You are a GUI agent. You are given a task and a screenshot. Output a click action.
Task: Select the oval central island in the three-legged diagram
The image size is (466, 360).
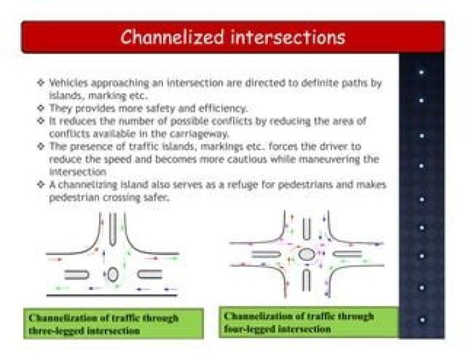pyautogui.click(x=113, y=274)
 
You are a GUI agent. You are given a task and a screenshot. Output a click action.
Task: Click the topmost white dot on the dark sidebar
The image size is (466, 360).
pyautogui.click(x=422, y=73)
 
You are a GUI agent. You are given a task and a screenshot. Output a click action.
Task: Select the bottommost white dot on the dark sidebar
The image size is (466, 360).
pyautogui.click(x=422, y=320)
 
